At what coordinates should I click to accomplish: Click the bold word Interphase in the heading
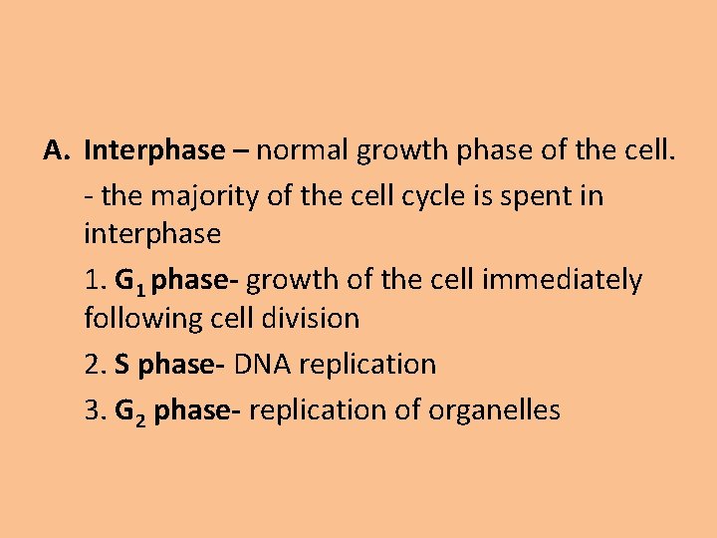click(x=155, y=151)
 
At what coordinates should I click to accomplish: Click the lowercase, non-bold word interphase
click(x=152, y=235)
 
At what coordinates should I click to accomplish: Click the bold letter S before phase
click(x=121, y=365)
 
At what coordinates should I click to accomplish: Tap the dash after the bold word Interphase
click(x=242, y=151)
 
